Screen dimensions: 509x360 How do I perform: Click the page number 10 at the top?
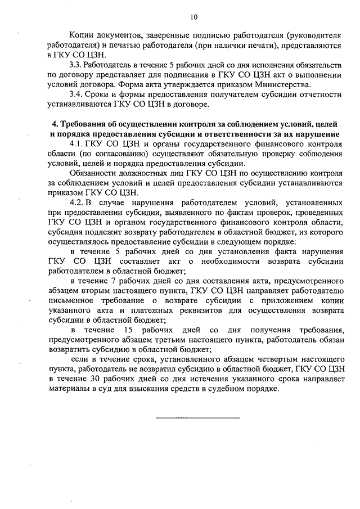tap(194, 17)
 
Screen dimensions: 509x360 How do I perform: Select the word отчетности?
tap(316, 94)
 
